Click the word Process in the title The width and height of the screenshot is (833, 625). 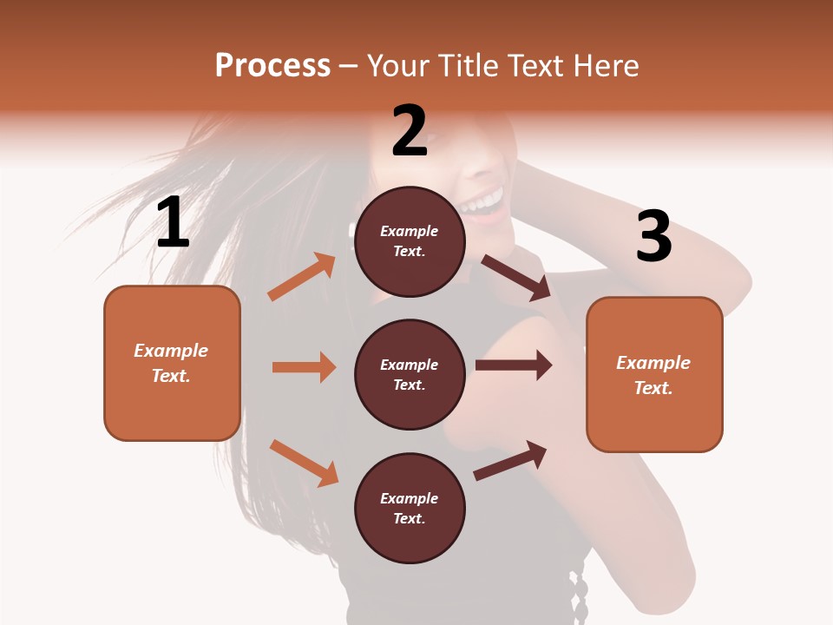tap(272, 66)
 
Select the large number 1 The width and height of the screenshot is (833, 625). tap(173, 223)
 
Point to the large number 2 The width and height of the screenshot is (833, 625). tap(410, 131)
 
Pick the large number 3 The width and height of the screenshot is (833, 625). tap(653, 236)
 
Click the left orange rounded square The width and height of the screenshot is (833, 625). tap(172, 363)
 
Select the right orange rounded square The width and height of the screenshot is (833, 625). tap(654, 374)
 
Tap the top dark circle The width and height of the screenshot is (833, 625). tap(410, 241)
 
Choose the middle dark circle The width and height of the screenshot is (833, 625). tap(410, 374)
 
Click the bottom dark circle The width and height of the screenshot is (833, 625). tap(410, 508)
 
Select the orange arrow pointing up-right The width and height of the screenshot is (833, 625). tap(302, 277)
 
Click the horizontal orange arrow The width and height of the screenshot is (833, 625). tap(304, 367)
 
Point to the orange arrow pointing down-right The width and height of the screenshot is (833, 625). tap(304, 463)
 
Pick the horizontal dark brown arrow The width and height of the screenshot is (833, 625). tap(514, 365)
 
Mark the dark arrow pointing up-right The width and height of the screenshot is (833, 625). tap(510, 460)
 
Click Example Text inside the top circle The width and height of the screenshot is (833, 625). tap(410, 241)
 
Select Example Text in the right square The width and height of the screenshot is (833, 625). tap(653, 375)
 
